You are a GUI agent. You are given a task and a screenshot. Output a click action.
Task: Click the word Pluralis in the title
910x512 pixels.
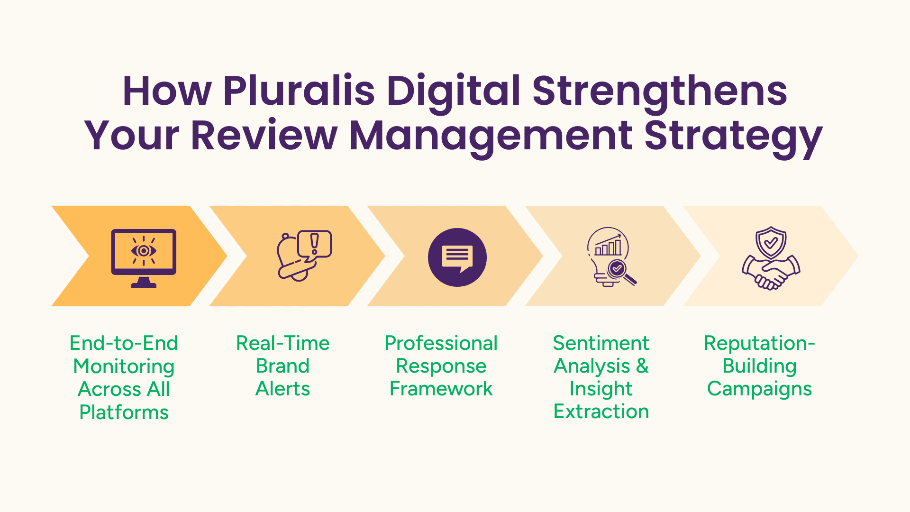click(299, 91)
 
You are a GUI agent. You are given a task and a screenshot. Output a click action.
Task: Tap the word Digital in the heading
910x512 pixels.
click(454, 91)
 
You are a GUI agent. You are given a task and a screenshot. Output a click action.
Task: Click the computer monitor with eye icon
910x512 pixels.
click(144, 257)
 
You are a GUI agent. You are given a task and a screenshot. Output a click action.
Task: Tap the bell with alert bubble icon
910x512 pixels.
click(304, 256)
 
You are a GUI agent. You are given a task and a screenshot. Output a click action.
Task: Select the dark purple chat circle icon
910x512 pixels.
click(457, 257)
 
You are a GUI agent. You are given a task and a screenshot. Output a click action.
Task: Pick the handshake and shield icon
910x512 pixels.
click(771, 258)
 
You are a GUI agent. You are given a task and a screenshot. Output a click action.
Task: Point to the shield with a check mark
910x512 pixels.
click(771, 242)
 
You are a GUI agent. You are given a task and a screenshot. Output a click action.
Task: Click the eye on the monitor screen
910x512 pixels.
click(144, 250)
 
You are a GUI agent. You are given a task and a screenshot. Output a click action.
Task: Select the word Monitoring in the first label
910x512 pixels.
click(124, 366)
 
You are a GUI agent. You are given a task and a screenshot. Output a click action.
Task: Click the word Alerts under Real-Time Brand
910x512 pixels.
click(282, 389)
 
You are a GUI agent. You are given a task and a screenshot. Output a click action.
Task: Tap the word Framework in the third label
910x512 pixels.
click(441, 389)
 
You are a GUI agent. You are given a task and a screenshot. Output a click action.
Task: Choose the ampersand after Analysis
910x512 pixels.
click(642, 366)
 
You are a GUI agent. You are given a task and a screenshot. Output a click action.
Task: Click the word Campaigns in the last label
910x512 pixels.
click(759, 389)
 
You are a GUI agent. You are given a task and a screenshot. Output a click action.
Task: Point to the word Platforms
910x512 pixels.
click(124, 412)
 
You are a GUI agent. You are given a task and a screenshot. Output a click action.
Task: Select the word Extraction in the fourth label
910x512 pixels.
click(601, 411)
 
